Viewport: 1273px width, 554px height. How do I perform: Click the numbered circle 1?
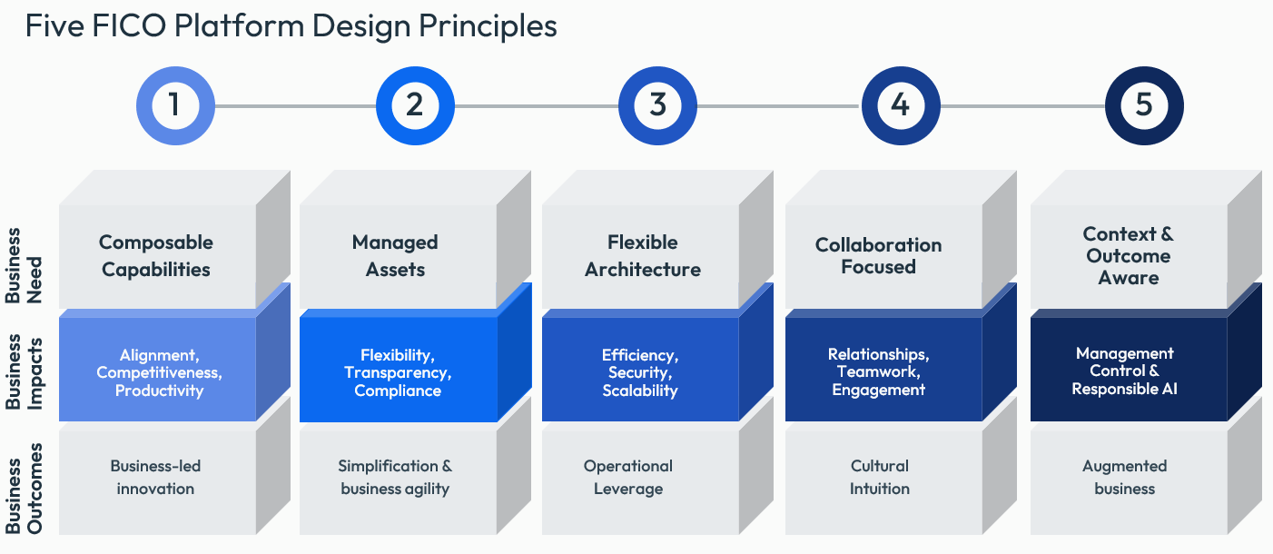pyautogui.click(x=174, y=105)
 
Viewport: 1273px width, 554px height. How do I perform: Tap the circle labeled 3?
pyautogui.click(x=657, y=105)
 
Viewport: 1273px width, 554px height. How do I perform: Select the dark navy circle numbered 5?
pyautogui.click(x=1143, y=105)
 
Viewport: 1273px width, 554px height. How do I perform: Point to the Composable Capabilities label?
pyautogui.click(x=156, y=256)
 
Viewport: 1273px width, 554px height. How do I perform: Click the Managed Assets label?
pyautogui.click(x=395, y=256)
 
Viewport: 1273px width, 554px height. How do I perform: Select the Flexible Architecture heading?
pyautogui.click(x=643, y=256)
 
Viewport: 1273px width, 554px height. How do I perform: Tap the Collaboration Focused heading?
pyautogui.click(x=878, y=256)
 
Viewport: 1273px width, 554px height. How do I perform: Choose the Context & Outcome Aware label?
pyautogui.click(x=1128, y=256)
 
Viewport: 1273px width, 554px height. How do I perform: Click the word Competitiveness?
pyautogui.click(x=159, y=372)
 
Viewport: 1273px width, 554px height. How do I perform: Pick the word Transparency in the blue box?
pyautogui.click(x=398, y=372)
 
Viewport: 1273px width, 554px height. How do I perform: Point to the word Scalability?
pyautogui.click(x=640, y=391)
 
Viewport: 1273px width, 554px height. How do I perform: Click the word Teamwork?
pyautogui.click(x=878, y=372)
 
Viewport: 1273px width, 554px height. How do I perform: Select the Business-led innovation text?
pyautogui.click(x=155, y=477)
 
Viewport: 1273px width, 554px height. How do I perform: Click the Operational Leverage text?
pyautogui.click(x=628, y=477)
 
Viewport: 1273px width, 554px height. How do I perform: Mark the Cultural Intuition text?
pyautogui.click(x=879, y=477)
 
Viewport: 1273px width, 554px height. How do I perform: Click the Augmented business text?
pyautogui.click(x=1124, y=477)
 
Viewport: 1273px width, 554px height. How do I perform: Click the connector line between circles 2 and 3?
pyautogui.click(x=536, y=106)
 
